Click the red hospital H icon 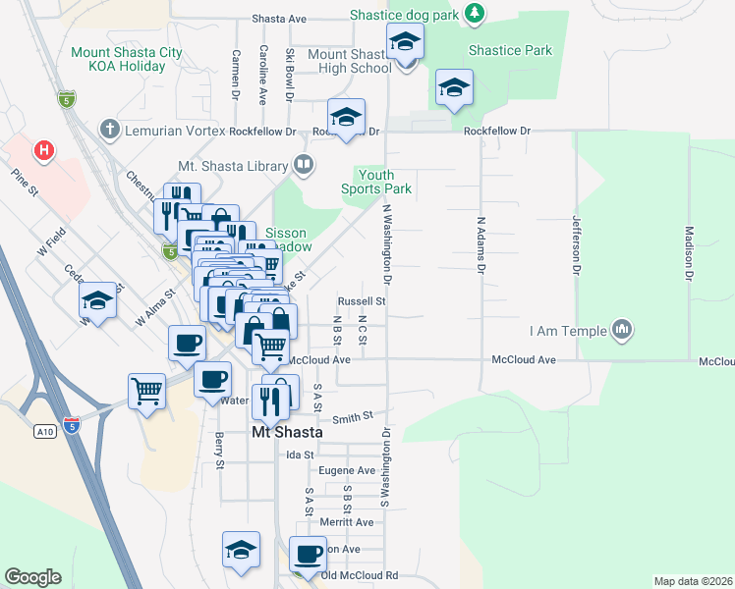point(43,150)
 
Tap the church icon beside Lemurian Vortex point(109,130)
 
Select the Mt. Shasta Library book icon point(304,166)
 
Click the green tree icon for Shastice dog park point(475,12)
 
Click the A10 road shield point(44,430)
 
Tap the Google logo point(32,576)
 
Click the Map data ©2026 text point(693,581)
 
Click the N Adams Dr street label point(481,245)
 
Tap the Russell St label point(361,301)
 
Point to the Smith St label point(354,417)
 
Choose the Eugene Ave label point(353,470)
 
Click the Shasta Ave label point(279,19)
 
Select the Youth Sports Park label point(376,182)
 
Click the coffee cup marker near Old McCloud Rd point(309,554)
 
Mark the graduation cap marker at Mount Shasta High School point(403,44)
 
